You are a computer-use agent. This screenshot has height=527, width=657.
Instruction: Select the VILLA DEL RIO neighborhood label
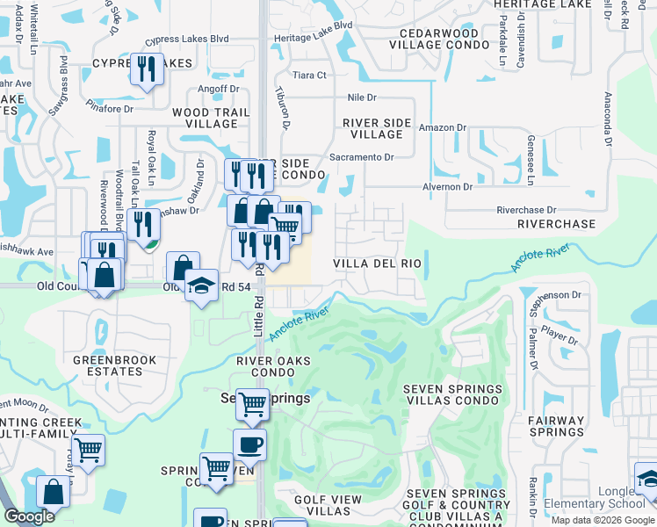click(x=378, y=263)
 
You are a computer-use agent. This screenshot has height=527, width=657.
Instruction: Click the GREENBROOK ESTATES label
click(x=114, y=365)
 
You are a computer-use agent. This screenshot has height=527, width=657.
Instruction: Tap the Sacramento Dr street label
click(x=361, y=157)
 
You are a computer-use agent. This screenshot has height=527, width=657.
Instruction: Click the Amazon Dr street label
click(x=442, y=128)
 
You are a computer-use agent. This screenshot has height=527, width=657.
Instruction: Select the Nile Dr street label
click(x=361, y=98)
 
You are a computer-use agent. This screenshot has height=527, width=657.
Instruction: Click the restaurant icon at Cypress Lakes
click(x=147, y=69)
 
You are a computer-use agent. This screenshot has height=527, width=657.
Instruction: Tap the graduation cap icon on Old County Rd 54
click(x=201, y=285)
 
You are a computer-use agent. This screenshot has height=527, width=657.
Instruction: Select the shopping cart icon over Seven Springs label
click(x=252, y=404)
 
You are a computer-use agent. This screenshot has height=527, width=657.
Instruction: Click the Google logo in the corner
click(x=29, y=516)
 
